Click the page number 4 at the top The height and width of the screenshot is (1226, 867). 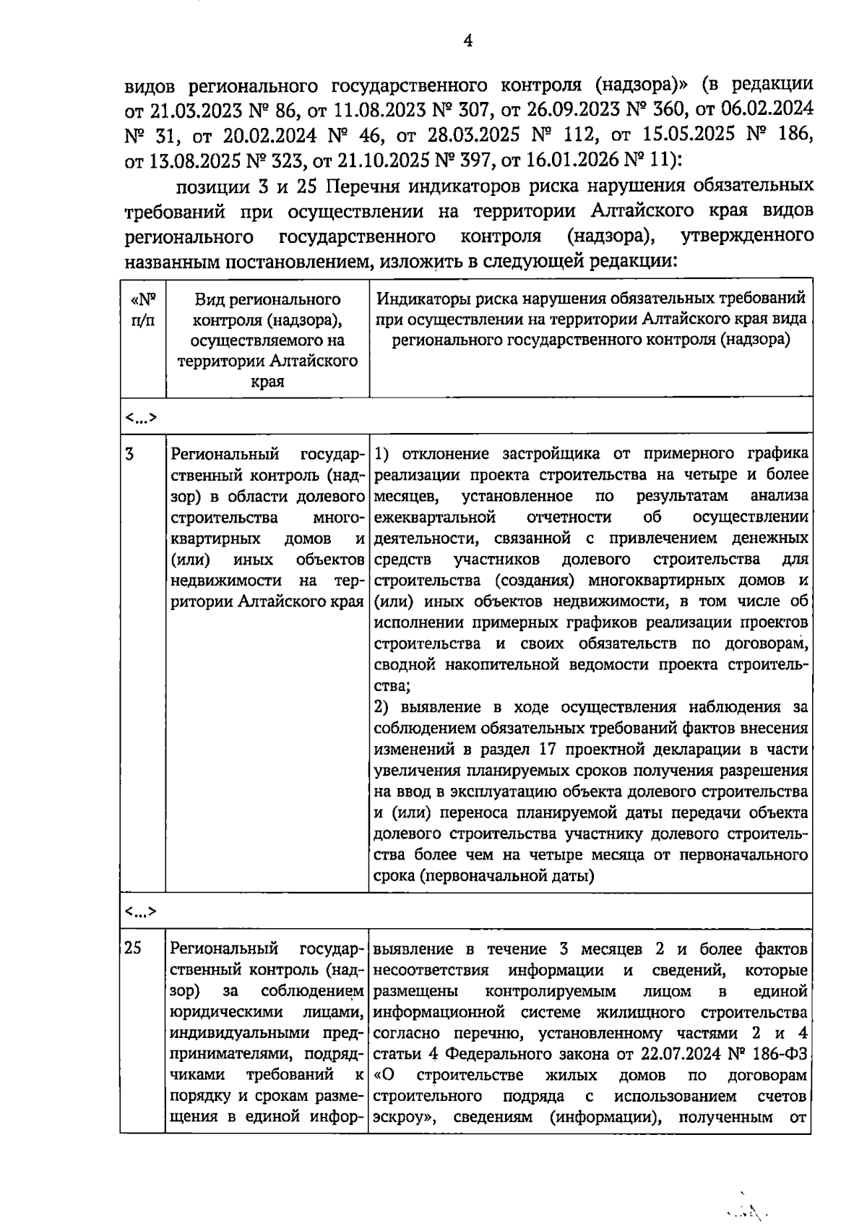click(467, 41)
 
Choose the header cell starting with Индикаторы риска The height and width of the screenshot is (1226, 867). click(591, 319)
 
